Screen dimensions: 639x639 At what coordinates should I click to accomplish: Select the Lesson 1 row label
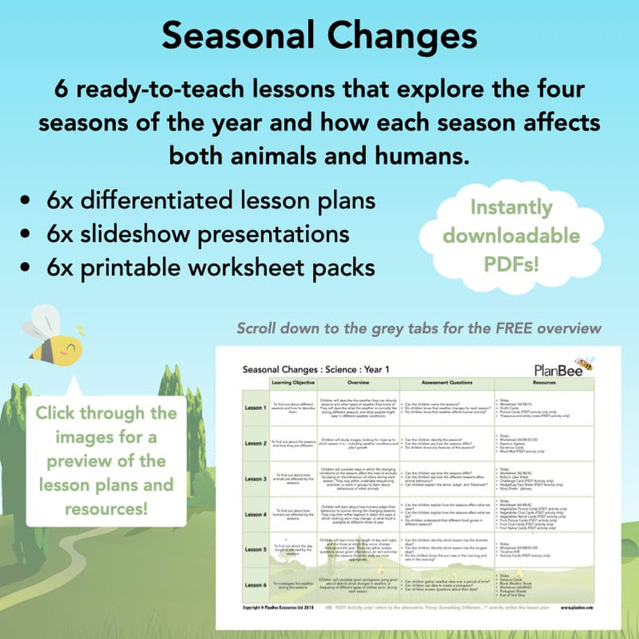pyautogui.click(x=255, y=408)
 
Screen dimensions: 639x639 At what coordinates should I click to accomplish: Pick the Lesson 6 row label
pyautogui.click(x=255, y=585)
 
